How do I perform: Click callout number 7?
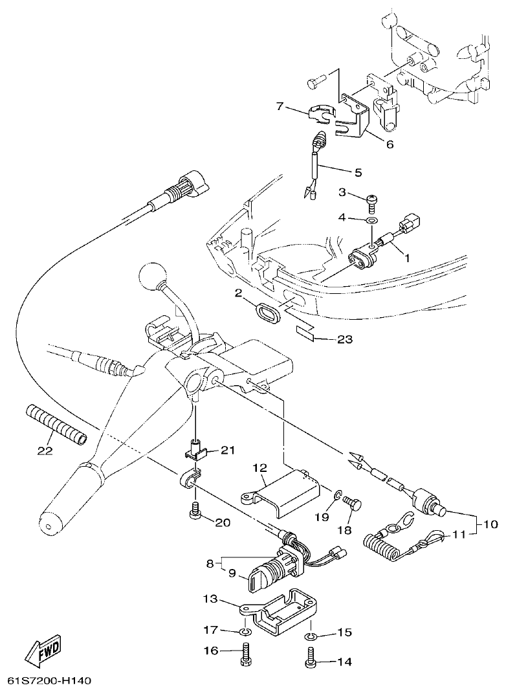click(280, 106)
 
